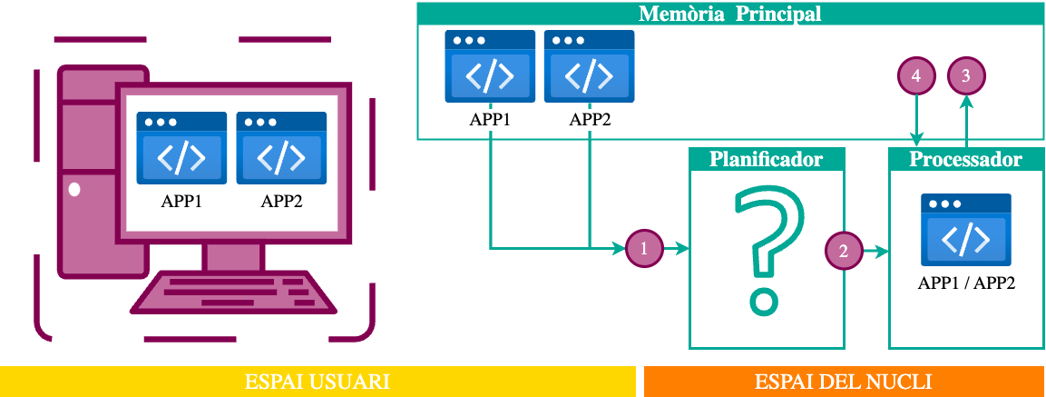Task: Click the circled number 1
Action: point(644,248)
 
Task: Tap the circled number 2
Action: point(844,251)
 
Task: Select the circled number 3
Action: point(966,77)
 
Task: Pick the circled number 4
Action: point(916,77)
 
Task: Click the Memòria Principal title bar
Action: point(730,15)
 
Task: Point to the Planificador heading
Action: point(767,159)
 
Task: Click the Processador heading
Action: point(966,159)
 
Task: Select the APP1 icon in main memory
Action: point(490,67)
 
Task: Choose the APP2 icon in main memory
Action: point(590,67)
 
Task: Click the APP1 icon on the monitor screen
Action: point(181,148)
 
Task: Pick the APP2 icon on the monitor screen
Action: point(281,148)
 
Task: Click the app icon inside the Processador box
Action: point(966,229)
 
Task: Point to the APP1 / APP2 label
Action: point(966,283)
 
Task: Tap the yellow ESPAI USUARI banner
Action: point(318,382)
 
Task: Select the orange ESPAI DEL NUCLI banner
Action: point(844,382)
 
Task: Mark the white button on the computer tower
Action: point(74,190)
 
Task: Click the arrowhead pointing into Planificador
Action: point(683,248)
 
